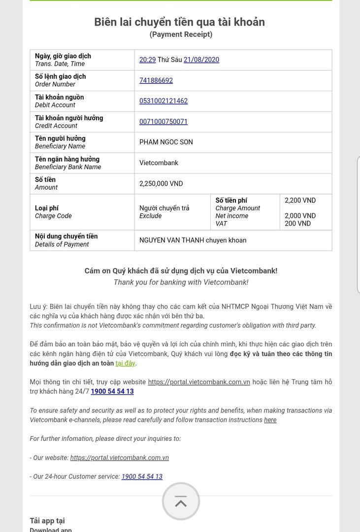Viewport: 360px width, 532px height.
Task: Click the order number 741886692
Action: pos(156,80)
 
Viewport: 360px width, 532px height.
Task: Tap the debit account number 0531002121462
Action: pos(164,101)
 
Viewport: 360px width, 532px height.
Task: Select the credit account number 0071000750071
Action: pos(164,122)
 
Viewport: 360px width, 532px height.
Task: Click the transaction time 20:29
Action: pos(147,60)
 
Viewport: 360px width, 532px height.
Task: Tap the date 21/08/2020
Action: pos(201,60)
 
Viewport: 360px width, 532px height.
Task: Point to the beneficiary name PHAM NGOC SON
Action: pos(166,142)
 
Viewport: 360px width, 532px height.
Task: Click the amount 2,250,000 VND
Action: pos(161,184)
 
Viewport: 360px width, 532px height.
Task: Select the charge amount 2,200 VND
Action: pos(300,200)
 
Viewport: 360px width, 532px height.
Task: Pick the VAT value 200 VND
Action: pos(298,224)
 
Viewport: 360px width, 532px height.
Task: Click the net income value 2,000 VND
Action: pos(300,216)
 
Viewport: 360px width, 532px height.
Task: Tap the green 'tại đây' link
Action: pos(126,364)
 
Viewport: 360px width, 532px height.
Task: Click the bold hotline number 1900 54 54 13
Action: pos(112,392)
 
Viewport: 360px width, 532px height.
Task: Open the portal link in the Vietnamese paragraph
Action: pos(199,382)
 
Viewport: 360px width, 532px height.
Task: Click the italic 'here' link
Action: pos(270,420)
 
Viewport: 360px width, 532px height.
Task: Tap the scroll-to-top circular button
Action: pos(181,501)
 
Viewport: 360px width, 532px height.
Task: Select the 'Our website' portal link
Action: pos(120,458)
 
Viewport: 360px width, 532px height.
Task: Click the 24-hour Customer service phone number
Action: pos(142,476)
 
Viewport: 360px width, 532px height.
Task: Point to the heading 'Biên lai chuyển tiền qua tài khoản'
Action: pos(180,22)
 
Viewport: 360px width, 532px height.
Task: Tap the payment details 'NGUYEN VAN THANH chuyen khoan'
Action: pos(193,240)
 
